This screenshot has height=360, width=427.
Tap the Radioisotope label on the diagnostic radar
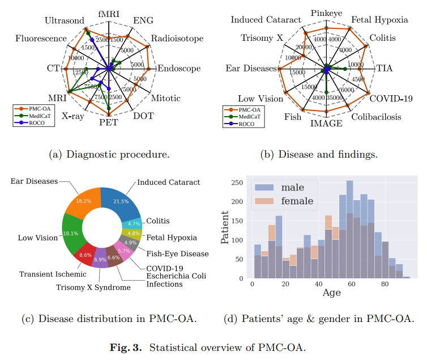coord(176,39)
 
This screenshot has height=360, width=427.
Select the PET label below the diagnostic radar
coord(109,122)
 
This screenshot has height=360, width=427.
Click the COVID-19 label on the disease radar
coord(391,98)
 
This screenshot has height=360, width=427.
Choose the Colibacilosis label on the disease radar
coord(375,117)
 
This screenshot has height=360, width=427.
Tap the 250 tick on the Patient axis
coord(237,182)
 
